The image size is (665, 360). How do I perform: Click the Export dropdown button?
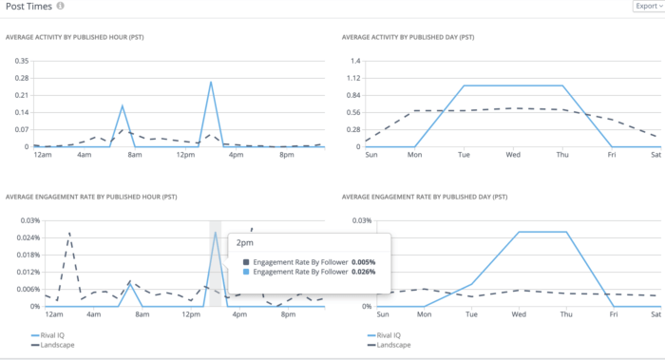pyautogui.click(x=647, y=7)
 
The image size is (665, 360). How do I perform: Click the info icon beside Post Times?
pyautogui.click(x=61, y=7)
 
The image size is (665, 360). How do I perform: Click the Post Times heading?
pyautogui.click(x=28, y=7)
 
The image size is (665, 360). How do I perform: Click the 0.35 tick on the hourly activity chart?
pyautogui.click(x=18, y=61)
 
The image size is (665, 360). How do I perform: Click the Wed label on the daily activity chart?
pyautogui.click(x=513, y=155)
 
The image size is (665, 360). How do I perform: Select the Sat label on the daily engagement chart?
pyautogui.click(x=653, y=314)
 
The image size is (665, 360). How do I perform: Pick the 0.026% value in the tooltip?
pyautogui.click(x=364, y=272)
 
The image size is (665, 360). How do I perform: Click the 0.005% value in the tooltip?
pyautogui.click(x=364, y=261)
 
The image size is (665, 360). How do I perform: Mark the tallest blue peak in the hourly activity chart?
pyautogui.click(x=210, y=82)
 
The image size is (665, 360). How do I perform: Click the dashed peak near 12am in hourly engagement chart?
pyautogui.click(x=68, y=232)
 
